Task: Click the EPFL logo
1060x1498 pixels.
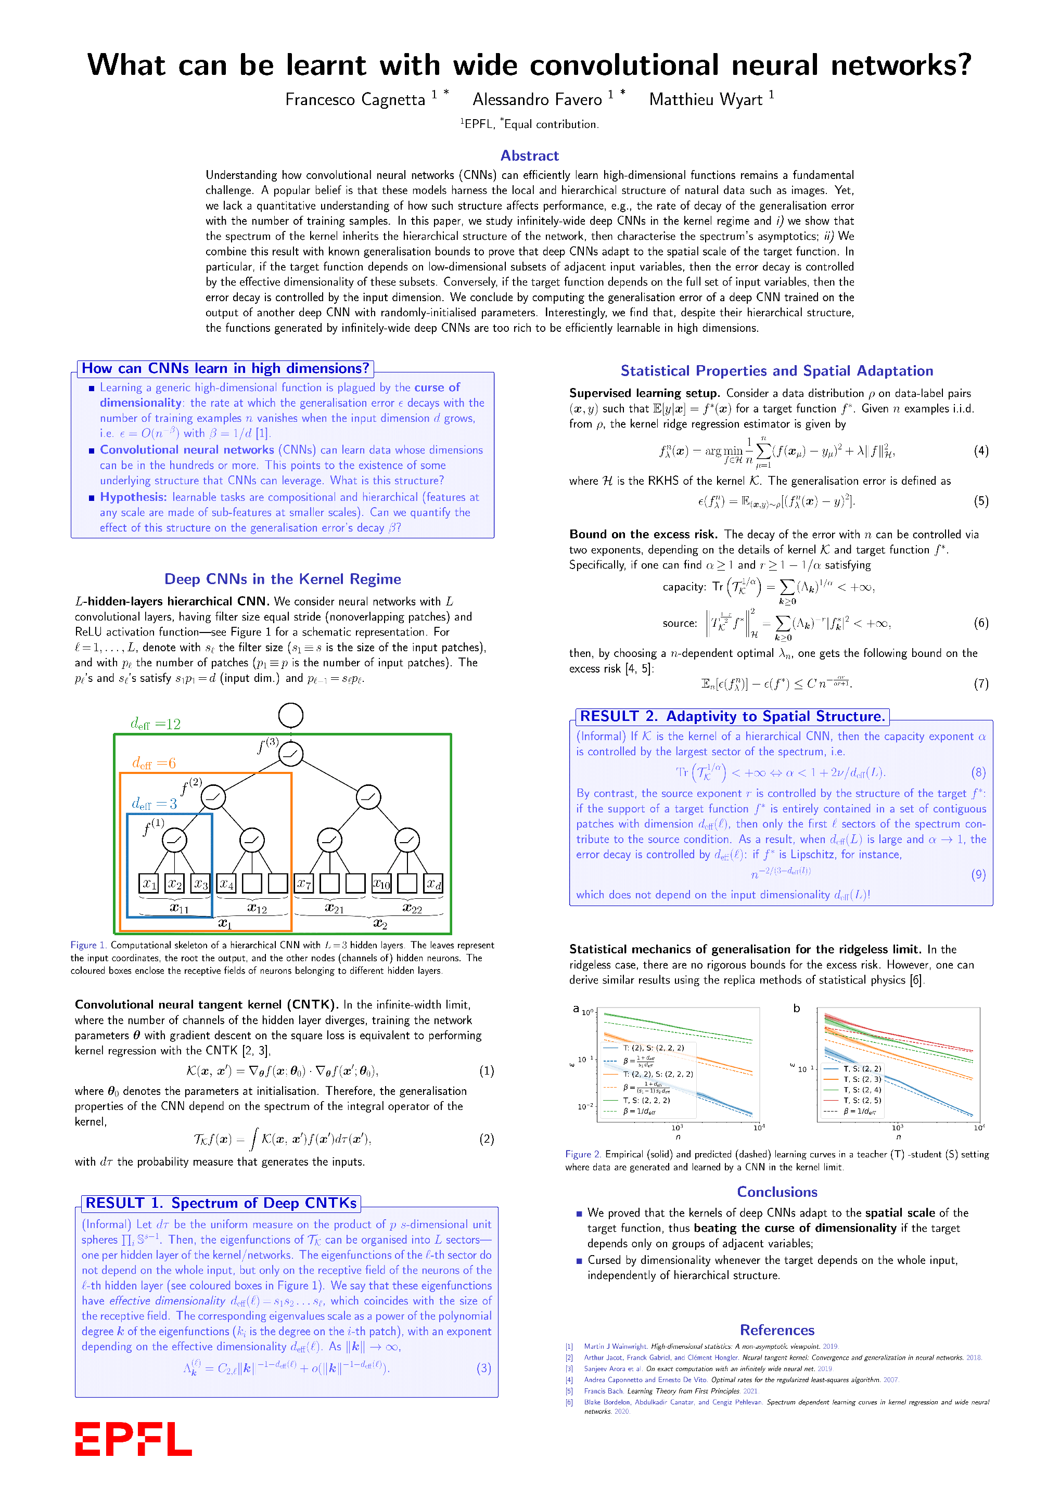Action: (x=133, y=1439)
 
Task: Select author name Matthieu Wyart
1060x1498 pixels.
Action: (x=706, y=100)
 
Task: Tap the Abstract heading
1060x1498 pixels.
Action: (x=529, y=156)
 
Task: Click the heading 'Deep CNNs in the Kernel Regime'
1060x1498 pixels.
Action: (x=283, y=579)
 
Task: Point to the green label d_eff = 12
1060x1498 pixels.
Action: (x=156, y=724)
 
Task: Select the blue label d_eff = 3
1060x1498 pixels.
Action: (x=154, y=804)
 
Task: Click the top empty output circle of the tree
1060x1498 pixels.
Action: (x=290, y=715)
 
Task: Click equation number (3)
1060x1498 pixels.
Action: (x=483, y=1368)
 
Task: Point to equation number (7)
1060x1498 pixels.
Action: (x=981, y=684)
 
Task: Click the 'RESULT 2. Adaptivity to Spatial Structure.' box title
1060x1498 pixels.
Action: (x=732, y=716)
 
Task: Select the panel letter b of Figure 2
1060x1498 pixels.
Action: (x=796, y=1009)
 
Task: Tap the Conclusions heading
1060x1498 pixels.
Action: (x=777, y=1192)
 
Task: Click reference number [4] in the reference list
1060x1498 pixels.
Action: (x=569, y=1380)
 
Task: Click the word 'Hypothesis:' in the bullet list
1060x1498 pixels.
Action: (x=133, y=497)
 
